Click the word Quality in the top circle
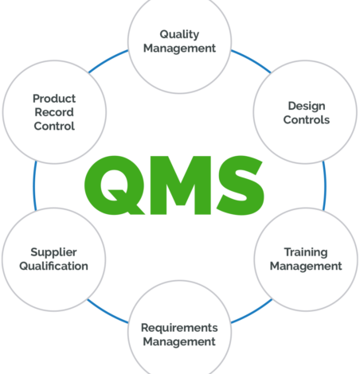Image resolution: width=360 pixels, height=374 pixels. (179, 35)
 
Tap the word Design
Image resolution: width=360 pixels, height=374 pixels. (307, 107)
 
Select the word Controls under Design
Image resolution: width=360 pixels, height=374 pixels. (307, 120)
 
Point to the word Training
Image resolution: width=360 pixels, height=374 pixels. (306, 253)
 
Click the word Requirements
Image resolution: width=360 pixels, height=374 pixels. (179, 329)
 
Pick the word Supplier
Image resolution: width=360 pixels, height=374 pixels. (53, 253)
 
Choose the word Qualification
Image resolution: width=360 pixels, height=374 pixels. (53, 266)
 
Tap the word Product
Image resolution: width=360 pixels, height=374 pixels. (54, 99)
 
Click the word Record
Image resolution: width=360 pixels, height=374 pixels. (54, 112)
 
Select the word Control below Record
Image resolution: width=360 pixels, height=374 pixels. (54, 126)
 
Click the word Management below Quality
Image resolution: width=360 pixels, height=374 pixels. (179, 49)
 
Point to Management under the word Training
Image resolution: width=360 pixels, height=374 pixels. (306, 267)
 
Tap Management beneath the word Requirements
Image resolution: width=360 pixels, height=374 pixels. (179, 341)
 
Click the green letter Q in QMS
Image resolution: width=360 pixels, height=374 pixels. (115, 185)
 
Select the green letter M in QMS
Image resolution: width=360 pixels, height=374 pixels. (181, 185)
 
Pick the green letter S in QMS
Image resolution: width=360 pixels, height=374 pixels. (241, 185)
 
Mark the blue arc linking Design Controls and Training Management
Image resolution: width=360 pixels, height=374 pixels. (325, 185)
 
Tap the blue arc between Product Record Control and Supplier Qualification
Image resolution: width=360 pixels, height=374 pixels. (34, 185)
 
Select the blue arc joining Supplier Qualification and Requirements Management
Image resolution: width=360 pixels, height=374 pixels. (107, 313)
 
